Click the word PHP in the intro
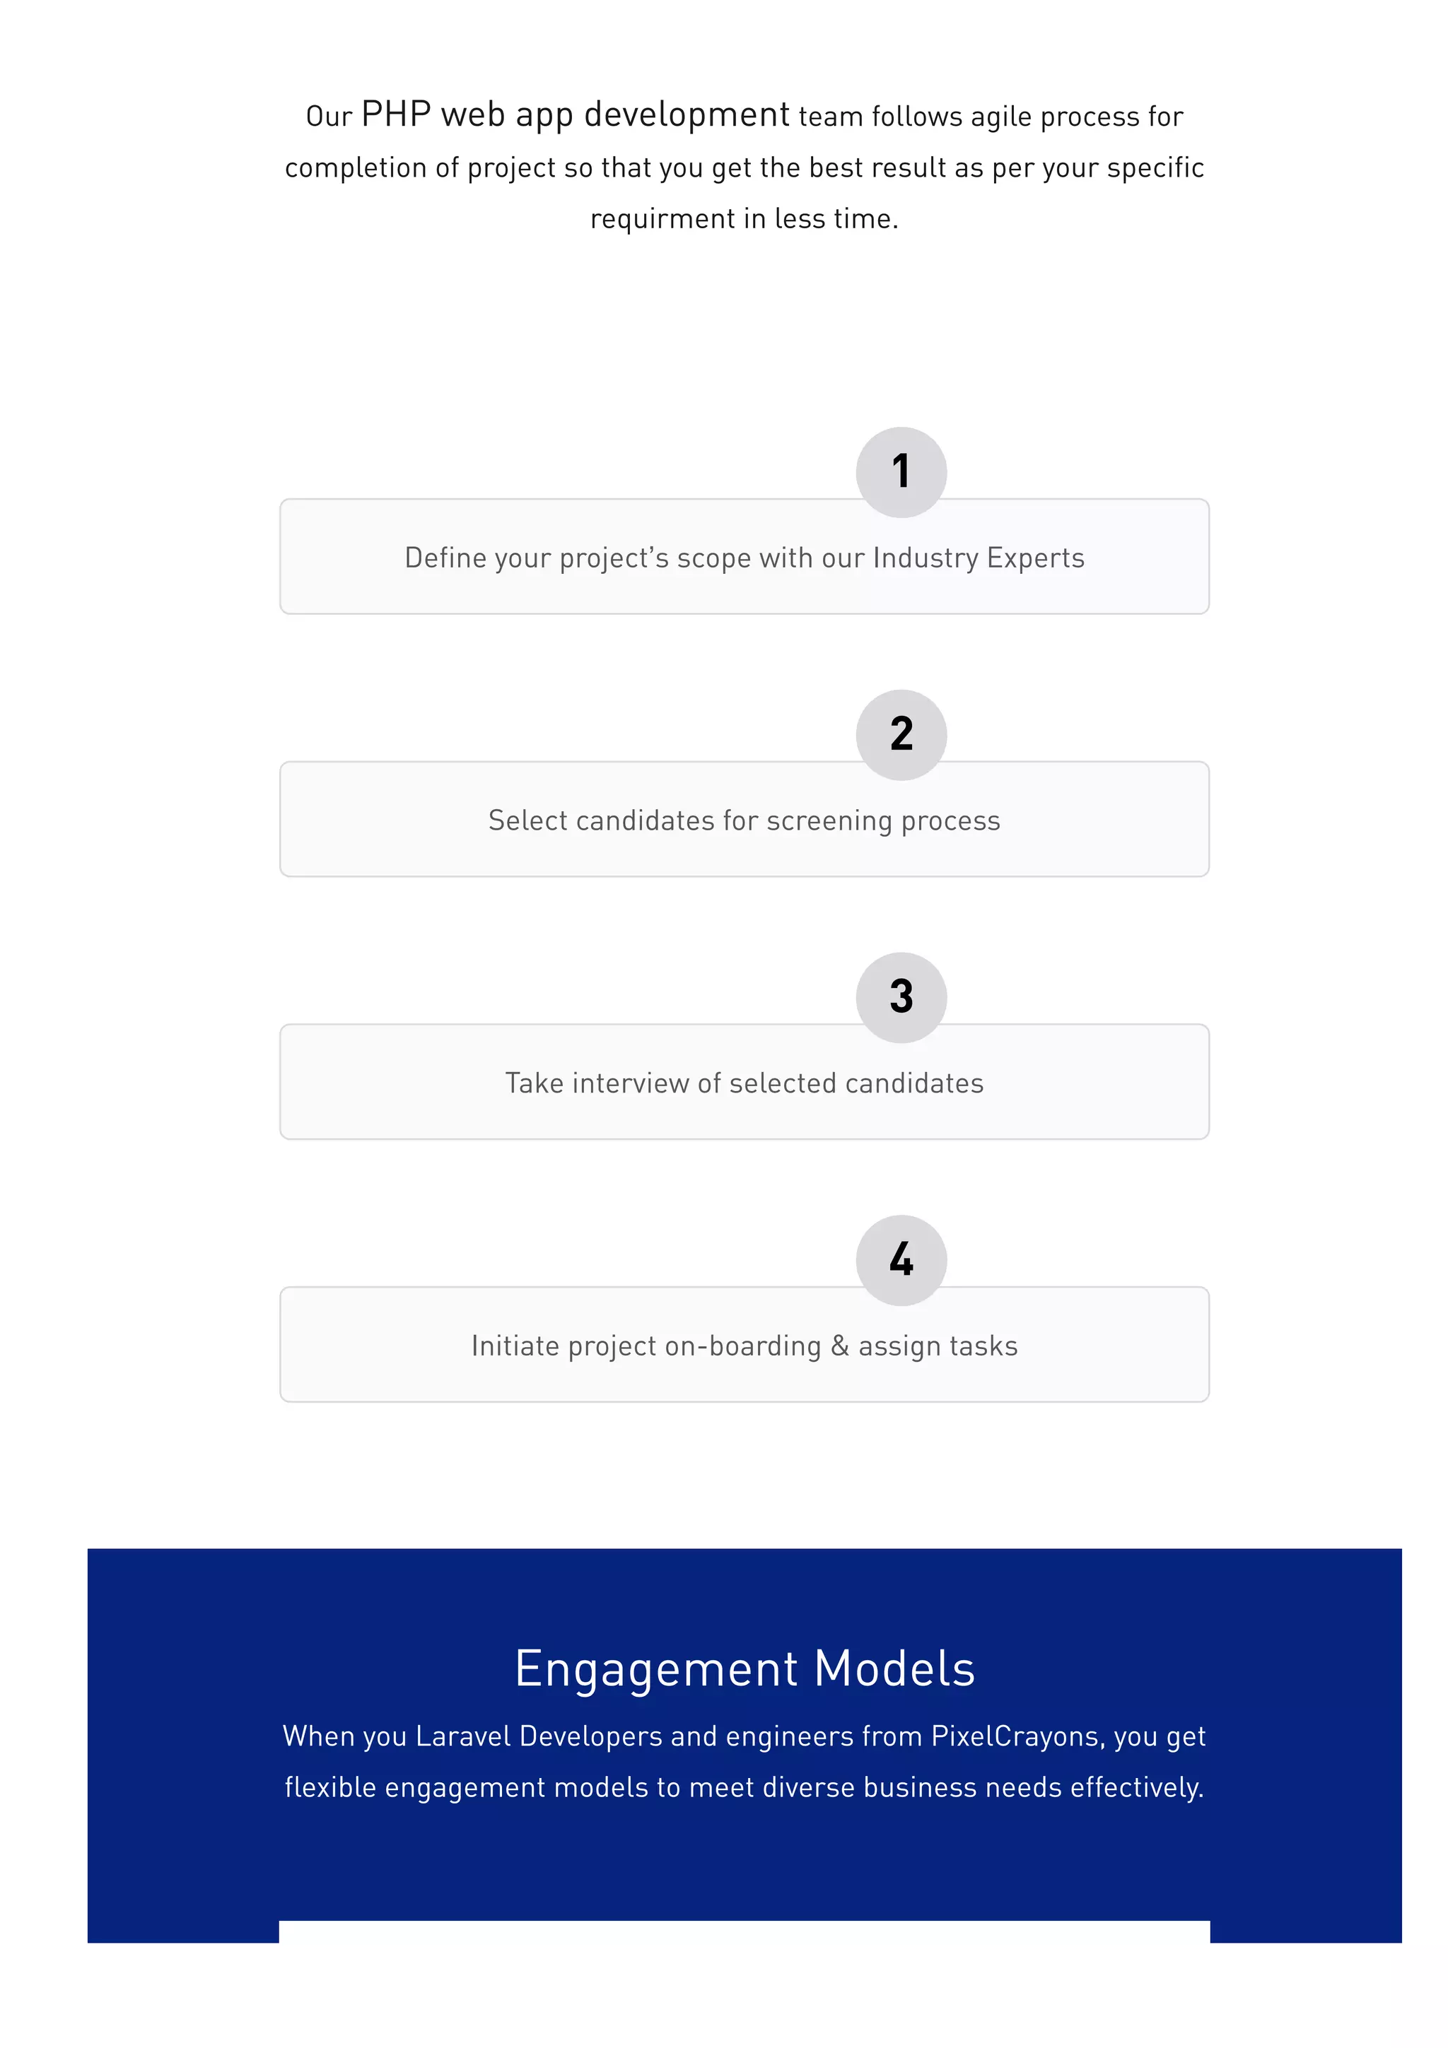click(x=396, y=115)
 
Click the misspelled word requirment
click(x=662, y=219)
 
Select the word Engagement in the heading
click(x=657, y=1669)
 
